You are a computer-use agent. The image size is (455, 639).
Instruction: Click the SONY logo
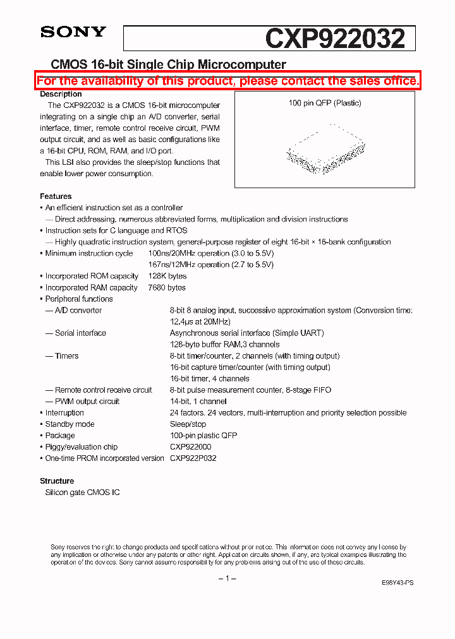[73, 32]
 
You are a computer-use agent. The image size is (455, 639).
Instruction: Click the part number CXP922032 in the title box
[334, 39]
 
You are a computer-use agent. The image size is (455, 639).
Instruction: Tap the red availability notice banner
[227, 81]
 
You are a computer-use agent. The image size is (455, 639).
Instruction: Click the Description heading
[61, 94]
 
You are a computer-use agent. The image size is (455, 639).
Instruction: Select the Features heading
[56, 196]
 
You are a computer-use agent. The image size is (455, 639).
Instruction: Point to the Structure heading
[57, 481]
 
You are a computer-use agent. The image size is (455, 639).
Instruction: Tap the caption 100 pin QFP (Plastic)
[325, 103]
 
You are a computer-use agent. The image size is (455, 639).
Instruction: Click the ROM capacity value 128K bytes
[167, 276]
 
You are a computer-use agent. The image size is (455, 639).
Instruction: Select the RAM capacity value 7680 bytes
[167, 287]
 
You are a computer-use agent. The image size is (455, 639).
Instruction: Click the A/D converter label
[78, 310]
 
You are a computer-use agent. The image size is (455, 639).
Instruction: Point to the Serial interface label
[80, 333]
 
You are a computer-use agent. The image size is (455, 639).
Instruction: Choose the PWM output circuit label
[87, 401]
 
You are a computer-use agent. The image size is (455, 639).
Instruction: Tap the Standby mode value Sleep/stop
[188, 424]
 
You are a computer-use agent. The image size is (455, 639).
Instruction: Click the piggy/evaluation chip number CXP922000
[190, 446]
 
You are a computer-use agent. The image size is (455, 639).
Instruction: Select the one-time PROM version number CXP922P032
[193, 458]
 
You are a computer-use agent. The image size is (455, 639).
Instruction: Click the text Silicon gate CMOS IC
[82, 492]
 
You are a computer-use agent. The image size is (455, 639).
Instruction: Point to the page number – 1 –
[227, 579]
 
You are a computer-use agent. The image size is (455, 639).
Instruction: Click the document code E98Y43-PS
[397, 583]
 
